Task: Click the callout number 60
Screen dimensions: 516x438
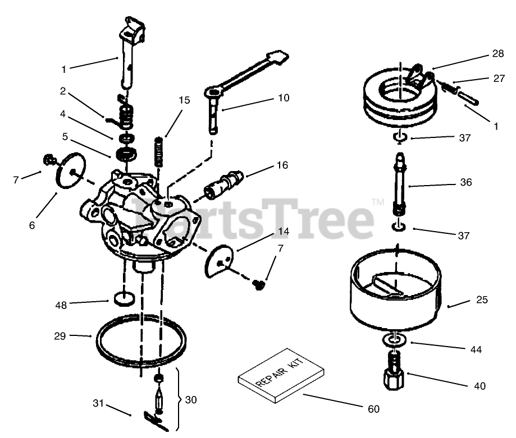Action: [374, 409]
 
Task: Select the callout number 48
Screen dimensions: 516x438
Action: [61, 305]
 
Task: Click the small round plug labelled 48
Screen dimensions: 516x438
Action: [123, 298]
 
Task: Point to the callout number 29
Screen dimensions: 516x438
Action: [60, 336]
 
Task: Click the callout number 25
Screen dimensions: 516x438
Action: [482, 300]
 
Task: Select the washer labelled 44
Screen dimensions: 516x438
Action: [396, 340]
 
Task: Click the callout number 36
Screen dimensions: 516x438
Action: [465, 182]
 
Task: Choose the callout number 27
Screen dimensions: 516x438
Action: [499, 79]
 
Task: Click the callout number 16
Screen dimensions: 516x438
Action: [282, 165]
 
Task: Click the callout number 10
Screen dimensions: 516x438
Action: [284, 98]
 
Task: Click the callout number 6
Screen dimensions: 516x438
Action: [31, 225]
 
